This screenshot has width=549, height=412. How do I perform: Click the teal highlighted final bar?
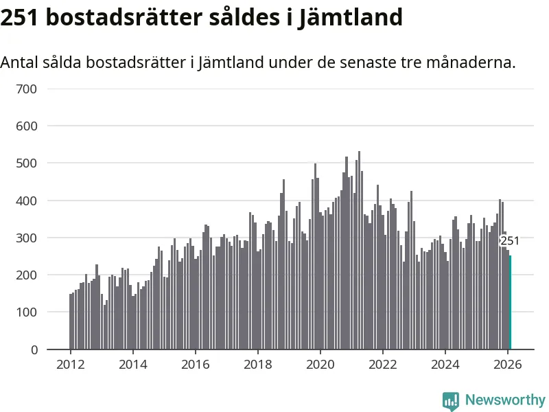[510, 302]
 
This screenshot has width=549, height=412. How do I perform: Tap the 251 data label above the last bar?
[510, 241]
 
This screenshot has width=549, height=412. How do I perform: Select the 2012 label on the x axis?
[70, 365]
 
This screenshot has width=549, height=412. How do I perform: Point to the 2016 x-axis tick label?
[195, 365]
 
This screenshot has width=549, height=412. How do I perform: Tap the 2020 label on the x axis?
[320, 365]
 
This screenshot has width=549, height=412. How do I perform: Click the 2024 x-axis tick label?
[445, 365]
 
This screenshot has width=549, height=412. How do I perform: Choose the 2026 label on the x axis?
[507, 365]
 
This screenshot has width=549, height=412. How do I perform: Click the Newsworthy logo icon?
[451, 400]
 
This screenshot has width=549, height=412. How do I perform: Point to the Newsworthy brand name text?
[505, 400]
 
